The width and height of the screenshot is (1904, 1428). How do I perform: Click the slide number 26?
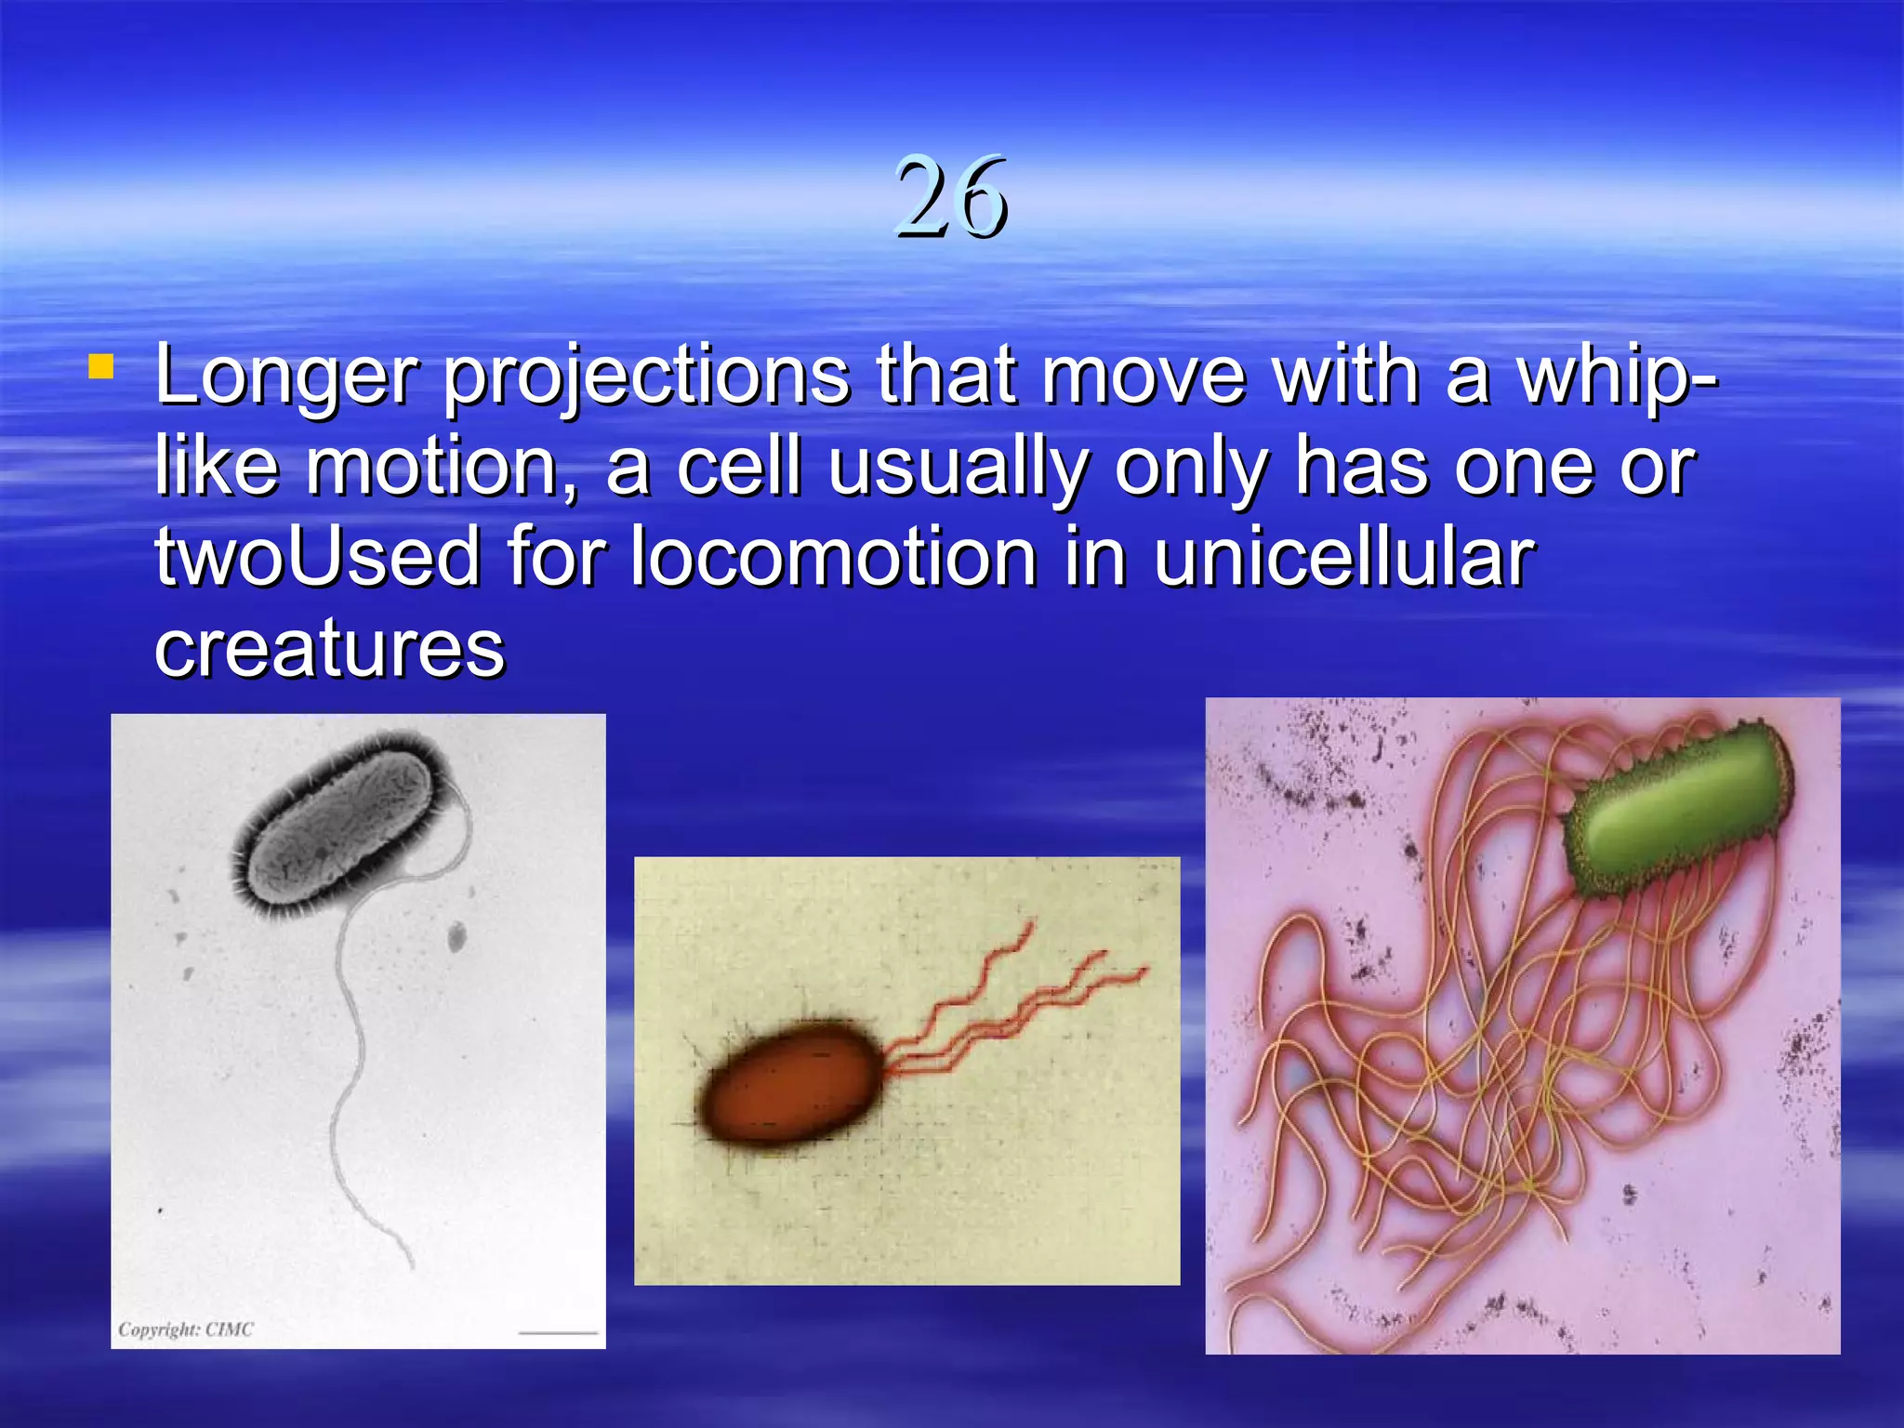pos(951,197)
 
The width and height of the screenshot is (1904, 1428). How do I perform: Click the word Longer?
pos(287,377)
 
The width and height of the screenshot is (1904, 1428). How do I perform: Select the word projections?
pos(646,377)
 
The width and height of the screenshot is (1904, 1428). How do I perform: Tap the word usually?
pos(958,469)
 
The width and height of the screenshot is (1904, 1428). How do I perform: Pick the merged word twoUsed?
pos(317,557)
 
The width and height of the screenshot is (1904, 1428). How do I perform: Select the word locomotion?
pos(833,557)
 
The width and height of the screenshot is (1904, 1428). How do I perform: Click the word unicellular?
pos(1343,557)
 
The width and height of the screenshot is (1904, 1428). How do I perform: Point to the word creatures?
pos(330,647)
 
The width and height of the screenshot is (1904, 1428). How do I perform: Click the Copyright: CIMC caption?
pos(185,1329)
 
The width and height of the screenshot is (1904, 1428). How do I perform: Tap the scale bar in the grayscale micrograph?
pos(558,1332)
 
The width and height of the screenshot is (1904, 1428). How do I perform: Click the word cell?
pos(739,467)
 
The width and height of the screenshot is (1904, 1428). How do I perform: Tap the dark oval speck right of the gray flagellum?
pos(456,937)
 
